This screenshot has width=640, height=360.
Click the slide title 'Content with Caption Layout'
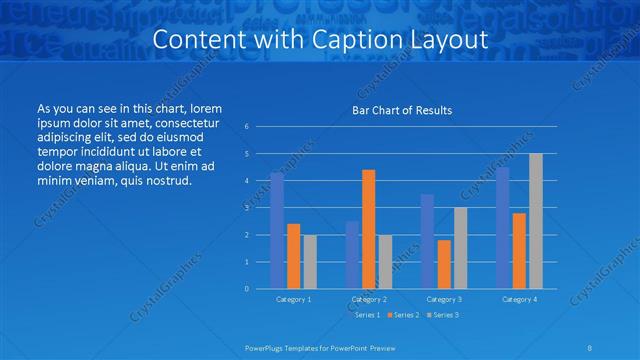[319, 40]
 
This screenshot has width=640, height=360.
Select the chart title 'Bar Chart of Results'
[402, 110]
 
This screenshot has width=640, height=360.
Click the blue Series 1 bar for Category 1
[277, 230]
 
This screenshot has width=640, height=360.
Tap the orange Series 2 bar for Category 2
[368, 229]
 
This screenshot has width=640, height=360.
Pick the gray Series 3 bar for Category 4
[536, 221]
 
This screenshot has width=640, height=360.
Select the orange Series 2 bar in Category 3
[444, 264]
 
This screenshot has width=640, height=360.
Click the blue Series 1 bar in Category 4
[503, 227]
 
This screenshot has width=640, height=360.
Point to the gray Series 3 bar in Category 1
[310, 261]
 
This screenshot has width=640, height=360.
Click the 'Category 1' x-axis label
[293, 299]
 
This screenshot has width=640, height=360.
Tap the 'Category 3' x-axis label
[444, 299]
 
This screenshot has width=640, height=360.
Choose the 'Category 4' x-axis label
[519, 299]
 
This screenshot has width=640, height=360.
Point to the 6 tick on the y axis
[246, 127]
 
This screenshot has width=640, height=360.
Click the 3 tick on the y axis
[246, 208]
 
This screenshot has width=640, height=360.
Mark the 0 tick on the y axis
[246, 289]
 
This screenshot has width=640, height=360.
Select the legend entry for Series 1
[366, 315]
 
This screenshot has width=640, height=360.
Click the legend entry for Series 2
[403, 315]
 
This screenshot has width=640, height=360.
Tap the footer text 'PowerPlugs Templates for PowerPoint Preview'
[319, 346]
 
